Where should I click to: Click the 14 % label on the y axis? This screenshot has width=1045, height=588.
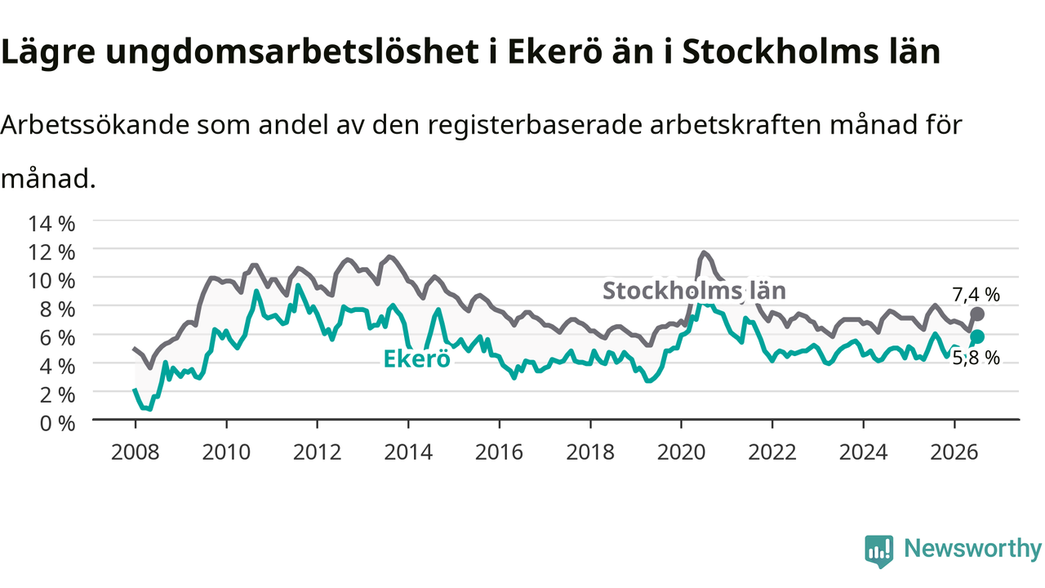coord(51,224)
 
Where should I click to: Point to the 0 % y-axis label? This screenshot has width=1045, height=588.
coord(57,424)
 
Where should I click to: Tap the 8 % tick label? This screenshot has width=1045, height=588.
coord(57,310)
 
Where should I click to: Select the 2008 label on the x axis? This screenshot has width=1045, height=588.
coord(136,452)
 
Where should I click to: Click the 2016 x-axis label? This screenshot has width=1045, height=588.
coord(499,452)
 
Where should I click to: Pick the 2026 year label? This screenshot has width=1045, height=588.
coord(954,452)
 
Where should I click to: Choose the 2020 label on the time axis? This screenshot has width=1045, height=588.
coord(681,452)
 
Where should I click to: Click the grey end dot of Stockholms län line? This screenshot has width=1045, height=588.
coord(977,314)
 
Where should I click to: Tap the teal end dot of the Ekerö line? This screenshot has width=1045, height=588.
coord(977,336)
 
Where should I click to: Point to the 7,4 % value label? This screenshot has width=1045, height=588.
coord(976,295)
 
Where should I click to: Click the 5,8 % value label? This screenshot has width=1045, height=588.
coord(976,358)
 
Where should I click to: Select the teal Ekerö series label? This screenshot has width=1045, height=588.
coord(416,359)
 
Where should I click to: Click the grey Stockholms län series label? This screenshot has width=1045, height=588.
coord(694,291)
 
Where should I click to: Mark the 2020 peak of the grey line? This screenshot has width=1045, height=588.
coord(704,253)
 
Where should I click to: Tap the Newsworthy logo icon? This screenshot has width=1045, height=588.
coord(879,551)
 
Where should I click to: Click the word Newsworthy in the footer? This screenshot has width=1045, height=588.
coord(972,548)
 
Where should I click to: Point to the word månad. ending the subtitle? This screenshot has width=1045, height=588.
coord(48,179)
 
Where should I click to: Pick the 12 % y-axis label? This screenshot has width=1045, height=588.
coord(51,252)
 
